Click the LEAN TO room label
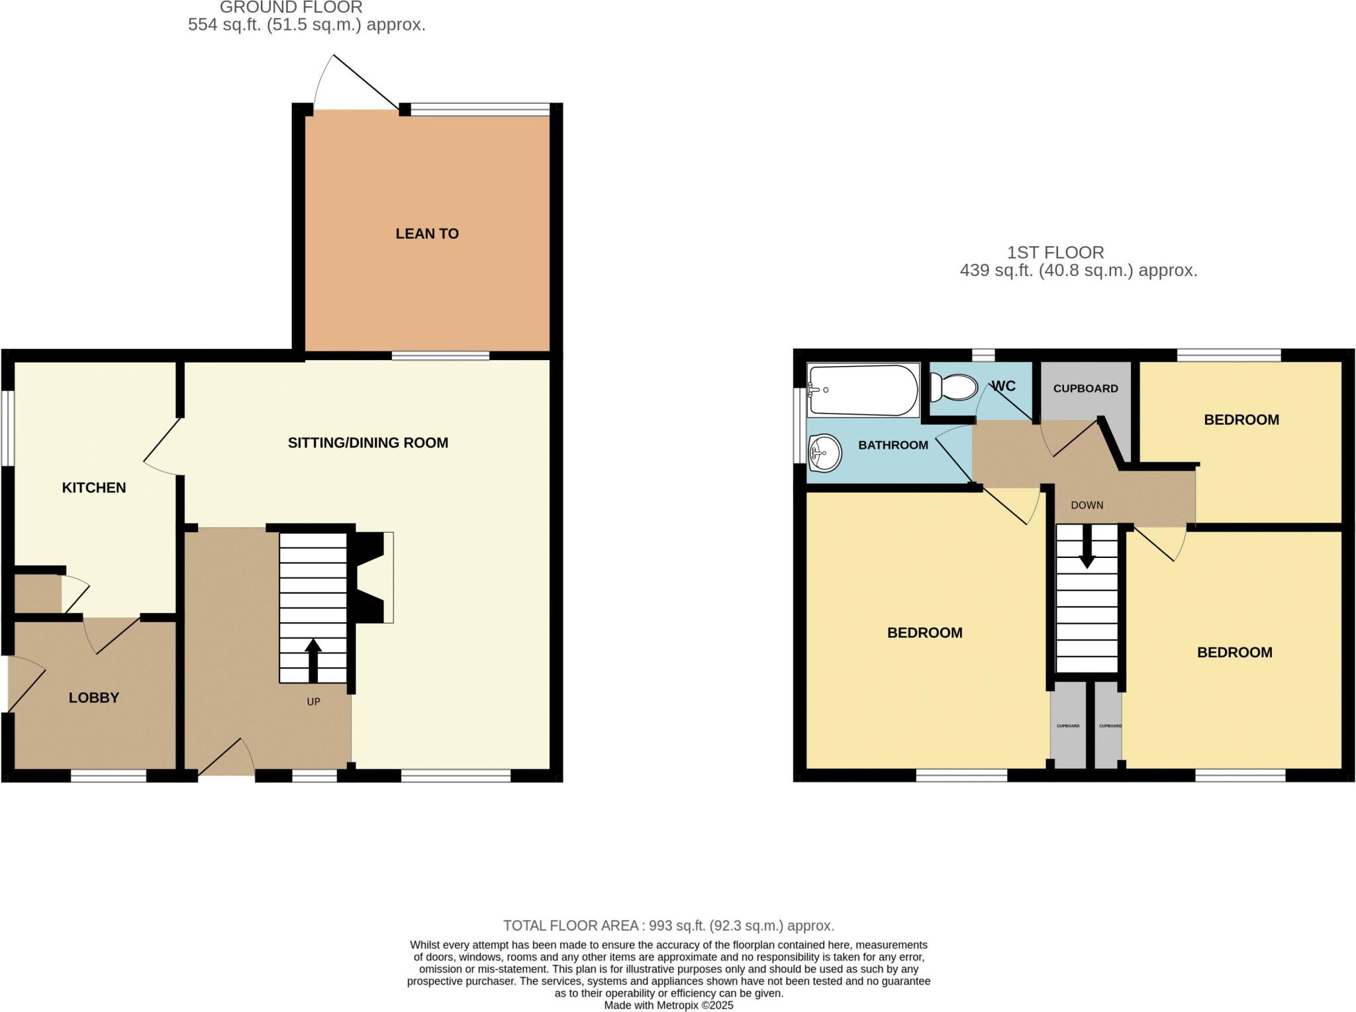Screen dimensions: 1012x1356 coord(427,234)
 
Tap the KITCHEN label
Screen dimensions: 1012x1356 coord(94,488)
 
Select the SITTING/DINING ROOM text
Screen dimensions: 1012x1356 coord(367,443)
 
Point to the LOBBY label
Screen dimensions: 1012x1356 coord(94,698)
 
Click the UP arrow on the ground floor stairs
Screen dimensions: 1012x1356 coord(313,659)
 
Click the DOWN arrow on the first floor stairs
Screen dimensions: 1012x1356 coord(1087,552)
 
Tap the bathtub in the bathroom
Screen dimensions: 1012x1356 coord(862,390)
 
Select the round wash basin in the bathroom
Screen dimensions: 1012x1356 coord(824,453)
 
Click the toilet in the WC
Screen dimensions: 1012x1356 coord(953,387)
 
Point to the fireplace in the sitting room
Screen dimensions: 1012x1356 coord(373,577)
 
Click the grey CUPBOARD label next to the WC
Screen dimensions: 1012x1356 coord(1085,389)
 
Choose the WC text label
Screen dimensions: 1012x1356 coord(1004,386)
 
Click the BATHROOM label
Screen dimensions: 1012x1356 coord(893,445)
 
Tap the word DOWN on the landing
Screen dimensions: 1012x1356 coord(1087,505)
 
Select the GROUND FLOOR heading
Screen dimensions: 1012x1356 coord(291,8)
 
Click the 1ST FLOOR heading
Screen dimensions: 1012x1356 coord(1055,252)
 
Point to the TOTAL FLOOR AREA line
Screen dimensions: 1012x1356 coord(668,925)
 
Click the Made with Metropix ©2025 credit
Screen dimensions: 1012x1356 coord(668,1005)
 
